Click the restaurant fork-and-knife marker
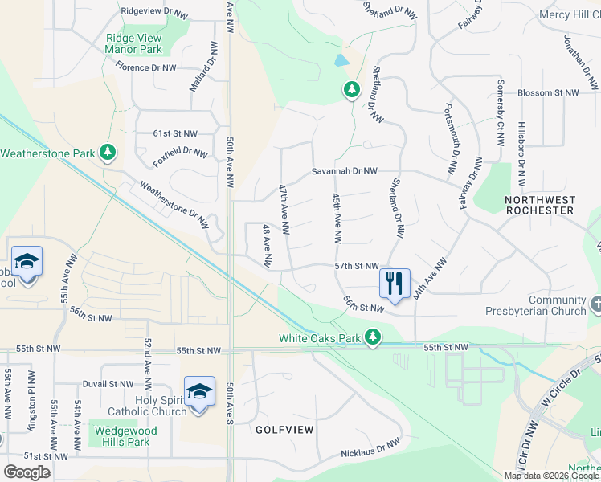pyautogui.click(x=395, y=284)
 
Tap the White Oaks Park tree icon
pyautogui.click(x=373, y=337)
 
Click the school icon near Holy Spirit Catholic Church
pyautogui.click(x=199, y=394)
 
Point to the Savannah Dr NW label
pyautogui.click(x=345, y=171)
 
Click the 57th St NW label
pyautogui.click(x=356, y=265)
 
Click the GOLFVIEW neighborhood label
pyautogui.click(x=284, y=430)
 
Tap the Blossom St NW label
pyautogui.click(x=549, y=93)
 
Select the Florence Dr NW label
pyautogui.click(x=145, y=67)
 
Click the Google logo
pyautogui.click(x=27, y=472)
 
